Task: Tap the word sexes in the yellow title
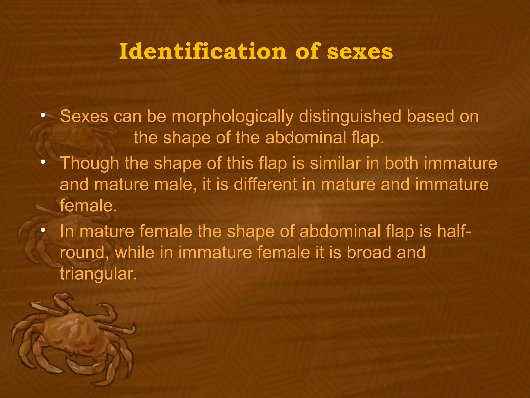coord(360,52)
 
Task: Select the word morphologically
coord(232,116)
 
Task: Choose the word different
coord(266,184)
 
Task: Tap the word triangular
coord(98,274)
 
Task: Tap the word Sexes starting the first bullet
coord(84,116)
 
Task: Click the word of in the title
coord(307,52)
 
